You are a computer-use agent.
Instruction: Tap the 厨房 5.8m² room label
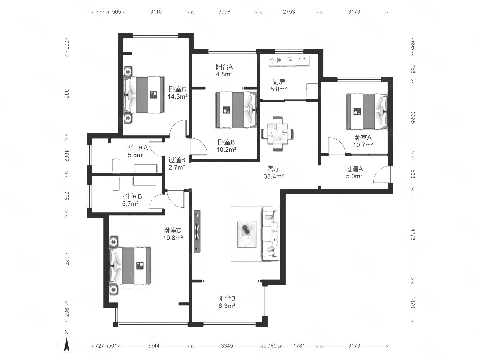[278, 85]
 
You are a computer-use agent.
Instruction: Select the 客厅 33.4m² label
[274, 172]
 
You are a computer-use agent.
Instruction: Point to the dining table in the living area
[277, 134]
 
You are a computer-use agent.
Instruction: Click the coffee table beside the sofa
[247, 234]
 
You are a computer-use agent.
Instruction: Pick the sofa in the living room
[271, 234]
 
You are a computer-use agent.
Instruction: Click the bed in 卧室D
[130, 266]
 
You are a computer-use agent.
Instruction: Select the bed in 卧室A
[367, 111]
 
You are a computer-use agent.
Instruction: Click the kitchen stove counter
[289, 60]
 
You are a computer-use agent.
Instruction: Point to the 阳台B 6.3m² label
[227, 302]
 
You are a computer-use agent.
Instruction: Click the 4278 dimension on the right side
[412, 234]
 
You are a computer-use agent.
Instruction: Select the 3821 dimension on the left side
[66, 95]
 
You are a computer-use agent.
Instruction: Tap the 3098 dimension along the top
[224, 12]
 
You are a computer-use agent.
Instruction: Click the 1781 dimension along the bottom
[299, 346]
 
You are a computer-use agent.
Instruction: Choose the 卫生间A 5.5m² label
[136, 151]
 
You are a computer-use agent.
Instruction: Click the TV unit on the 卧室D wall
[197, 231]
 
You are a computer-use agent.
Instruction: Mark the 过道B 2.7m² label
[177, 164]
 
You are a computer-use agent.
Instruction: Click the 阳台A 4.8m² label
[224, 70]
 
